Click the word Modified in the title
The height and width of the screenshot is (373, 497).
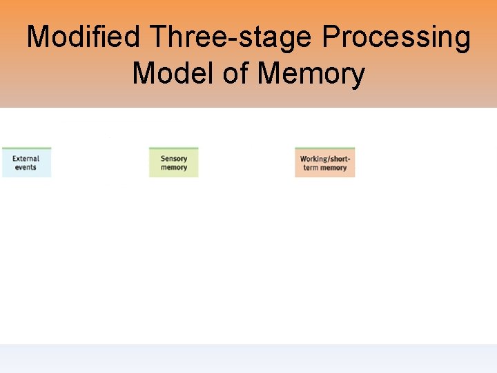click(86, 37)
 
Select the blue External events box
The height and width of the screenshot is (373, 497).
click(26, 162)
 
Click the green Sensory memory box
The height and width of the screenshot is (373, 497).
click(173, 162)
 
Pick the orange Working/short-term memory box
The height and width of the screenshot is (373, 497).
click(324, 162)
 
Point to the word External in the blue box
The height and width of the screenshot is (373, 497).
click(26, 158)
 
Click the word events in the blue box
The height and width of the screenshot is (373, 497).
click(26, 167)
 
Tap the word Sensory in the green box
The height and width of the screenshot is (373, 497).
click(173, 158)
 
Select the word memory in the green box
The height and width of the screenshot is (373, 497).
click(173, 167)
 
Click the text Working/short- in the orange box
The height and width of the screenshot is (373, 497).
click(324, 159)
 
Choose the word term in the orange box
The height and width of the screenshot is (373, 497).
click(310, 168)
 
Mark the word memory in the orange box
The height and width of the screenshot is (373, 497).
click(333, 168)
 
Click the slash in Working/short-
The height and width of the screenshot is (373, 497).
click(327, 159)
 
